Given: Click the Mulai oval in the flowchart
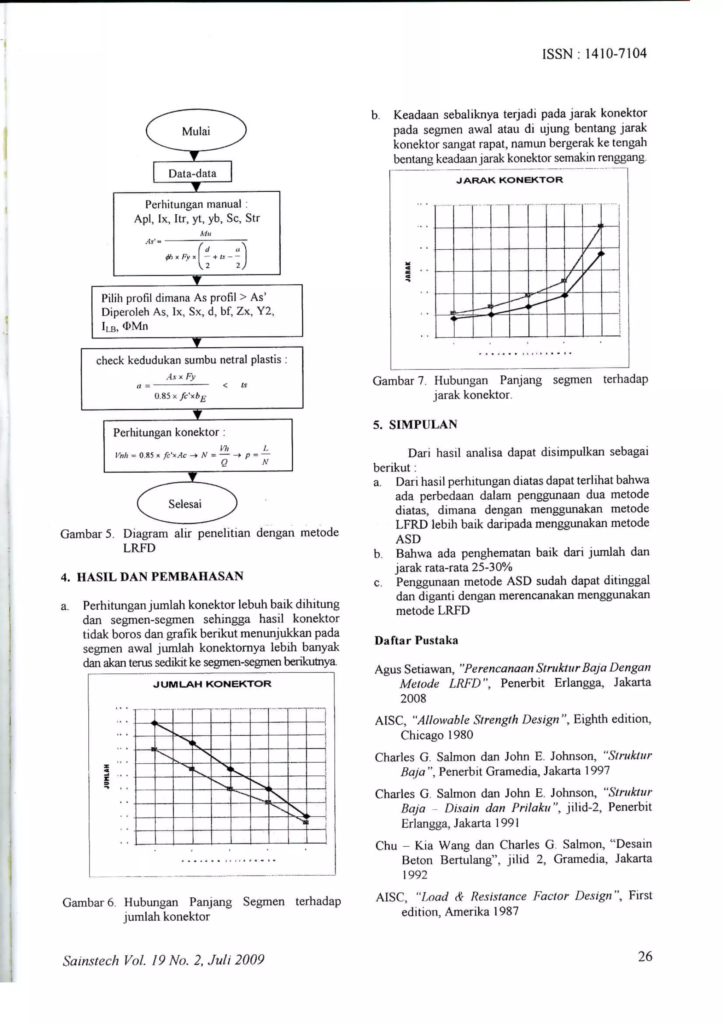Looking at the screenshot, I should [196, 131].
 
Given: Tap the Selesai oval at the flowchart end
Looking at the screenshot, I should [185, 504].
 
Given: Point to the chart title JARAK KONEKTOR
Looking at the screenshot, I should [509, 180].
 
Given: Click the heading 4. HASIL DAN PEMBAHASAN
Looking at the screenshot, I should [152, 576].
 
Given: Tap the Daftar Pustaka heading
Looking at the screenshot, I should [416, 640].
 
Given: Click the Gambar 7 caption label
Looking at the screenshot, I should [399, 381].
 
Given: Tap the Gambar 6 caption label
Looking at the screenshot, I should [89, 902].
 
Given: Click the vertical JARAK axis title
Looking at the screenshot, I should [407, 271].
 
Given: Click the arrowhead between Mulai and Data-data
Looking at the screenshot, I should [194, 156].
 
